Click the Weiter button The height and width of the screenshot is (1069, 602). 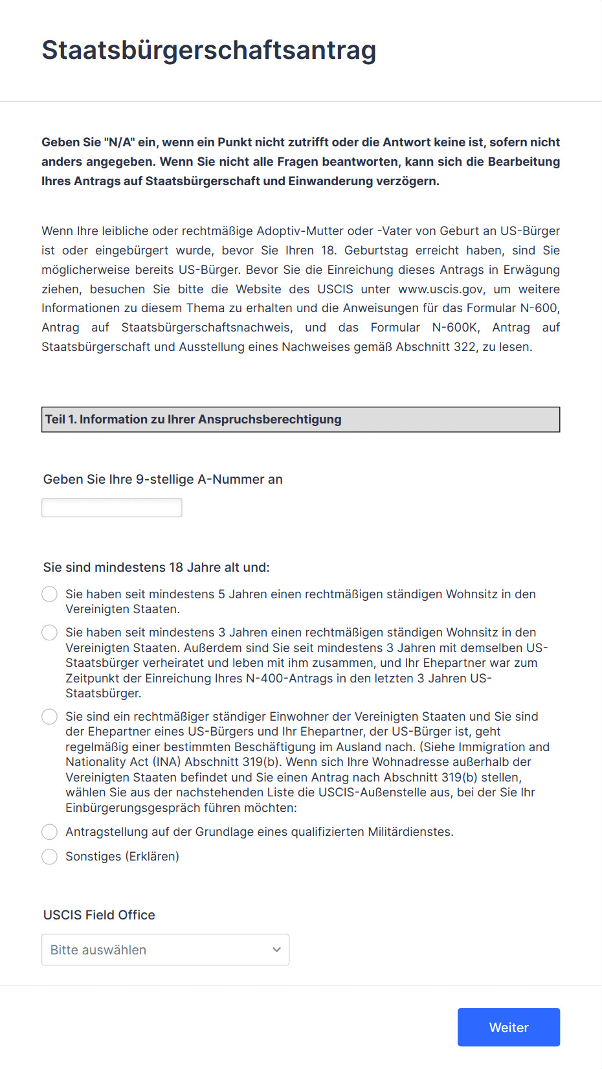coord(508,1027)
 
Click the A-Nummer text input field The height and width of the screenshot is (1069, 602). coord(111,508)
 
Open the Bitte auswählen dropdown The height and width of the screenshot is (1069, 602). coord(165,949)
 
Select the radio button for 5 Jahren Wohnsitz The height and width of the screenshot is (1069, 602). coord(49,594)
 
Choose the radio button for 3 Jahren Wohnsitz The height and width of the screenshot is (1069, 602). coord(49,633)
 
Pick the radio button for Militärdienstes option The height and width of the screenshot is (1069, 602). coord(49,832)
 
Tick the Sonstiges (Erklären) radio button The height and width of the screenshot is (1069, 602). coord(49,857)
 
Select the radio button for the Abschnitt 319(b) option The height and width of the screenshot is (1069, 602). coord(49,717)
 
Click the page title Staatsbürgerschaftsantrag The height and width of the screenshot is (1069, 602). coord(208,51)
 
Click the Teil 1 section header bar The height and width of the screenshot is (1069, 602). coord(300,420)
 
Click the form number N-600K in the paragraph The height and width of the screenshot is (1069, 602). coord(456,328)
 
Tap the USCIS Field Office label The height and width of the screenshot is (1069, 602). coord(99,915)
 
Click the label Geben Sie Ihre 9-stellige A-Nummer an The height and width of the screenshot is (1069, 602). coord(162,479)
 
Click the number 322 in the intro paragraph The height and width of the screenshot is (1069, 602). coord(465,347)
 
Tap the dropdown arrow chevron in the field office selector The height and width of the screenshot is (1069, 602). coord(276,950)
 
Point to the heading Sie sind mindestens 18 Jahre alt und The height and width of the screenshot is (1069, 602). coord(156,567)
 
